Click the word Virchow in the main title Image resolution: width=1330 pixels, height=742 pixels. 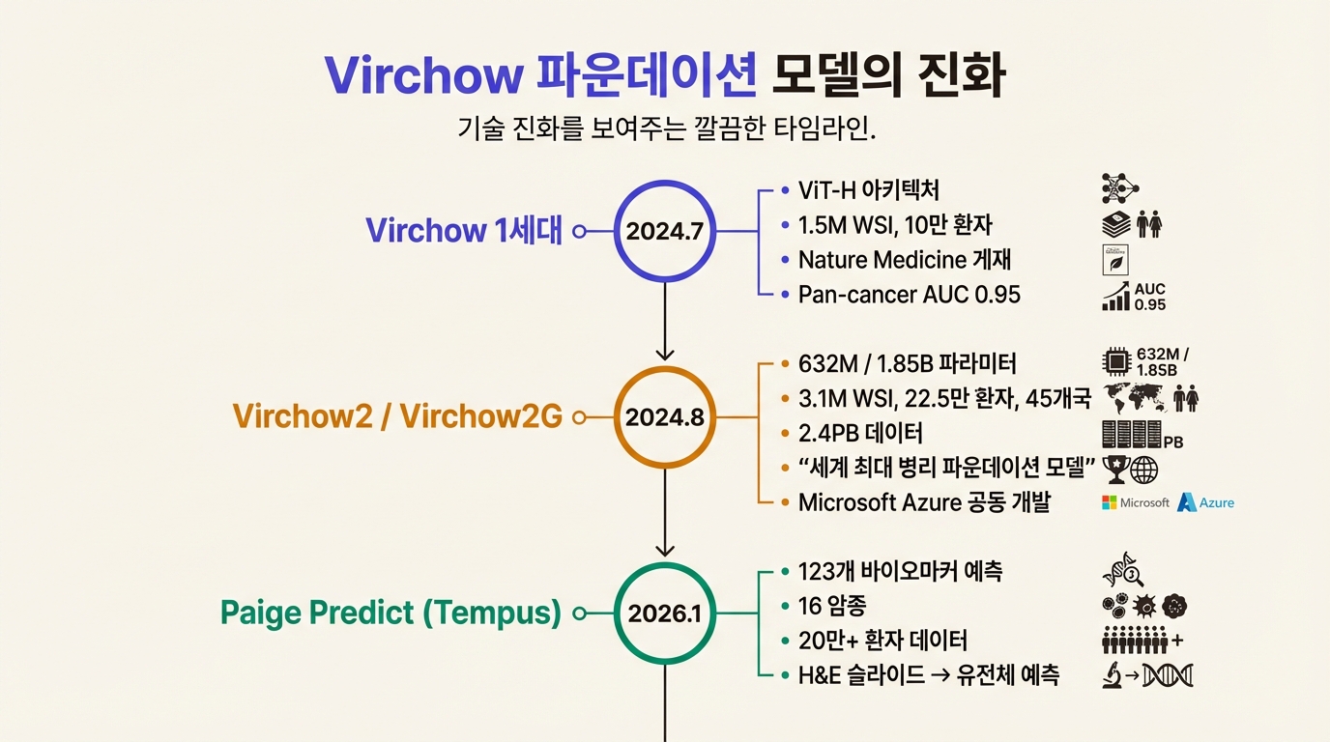tap(421, 75)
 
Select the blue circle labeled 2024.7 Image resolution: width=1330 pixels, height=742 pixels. tap(665, 231)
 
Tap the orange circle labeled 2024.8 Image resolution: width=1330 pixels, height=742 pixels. tap(665, 417)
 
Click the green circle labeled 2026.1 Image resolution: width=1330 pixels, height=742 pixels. tap(665, 613)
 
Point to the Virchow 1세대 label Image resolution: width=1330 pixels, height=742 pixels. tap(463, 231)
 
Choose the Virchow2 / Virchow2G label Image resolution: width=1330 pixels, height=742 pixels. tap(396, 417)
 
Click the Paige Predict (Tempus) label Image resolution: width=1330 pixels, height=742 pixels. tap(390, 613)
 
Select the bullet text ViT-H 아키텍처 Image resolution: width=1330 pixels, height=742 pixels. tap(868, 190)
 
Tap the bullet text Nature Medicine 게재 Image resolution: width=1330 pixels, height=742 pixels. tap(905, 260)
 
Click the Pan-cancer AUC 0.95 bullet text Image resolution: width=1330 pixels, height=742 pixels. tap(909, 295)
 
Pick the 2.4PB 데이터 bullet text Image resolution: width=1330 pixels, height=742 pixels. tap(860, 433)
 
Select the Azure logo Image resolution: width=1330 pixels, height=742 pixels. tap(1205, 502)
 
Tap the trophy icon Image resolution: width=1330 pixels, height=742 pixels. tap(1114, 469)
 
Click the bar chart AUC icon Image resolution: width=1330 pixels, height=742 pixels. tap(1116, 297)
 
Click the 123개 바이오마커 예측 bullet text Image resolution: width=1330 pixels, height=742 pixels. tap(900, 571)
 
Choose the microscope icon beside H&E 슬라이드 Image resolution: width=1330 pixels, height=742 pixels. tap(1113, 676)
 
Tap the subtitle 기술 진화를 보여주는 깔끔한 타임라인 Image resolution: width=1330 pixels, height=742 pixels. tap(666, 128)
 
